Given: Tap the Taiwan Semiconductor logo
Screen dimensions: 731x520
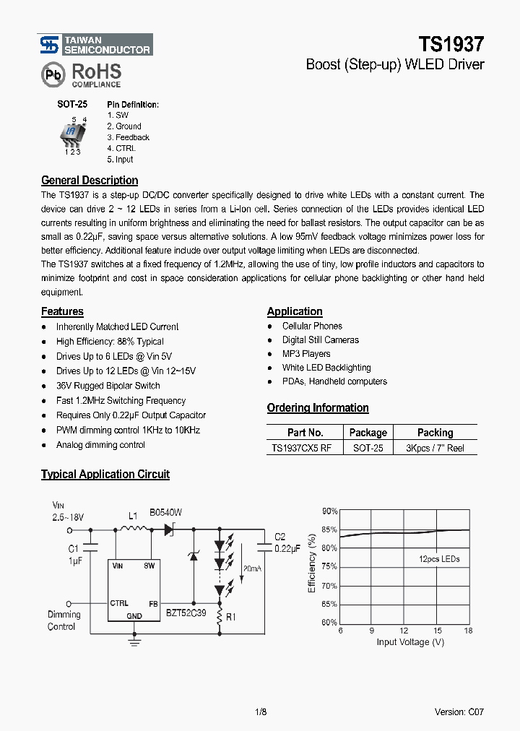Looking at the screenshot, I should (48, 45).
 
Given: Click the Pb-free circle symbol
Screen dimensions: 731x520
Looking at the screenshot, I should (51, 75).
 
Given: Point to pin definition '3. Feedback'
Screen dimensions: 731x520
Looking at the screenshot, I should (129, 137).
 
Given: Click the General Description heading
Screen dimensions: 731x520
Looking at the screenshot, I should (90, 181).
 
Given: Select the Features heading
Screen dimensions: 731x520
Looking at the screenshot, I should (62, 311).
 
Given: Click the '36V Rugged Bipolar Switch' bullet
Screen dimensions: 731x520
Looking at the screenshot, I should (108, 386).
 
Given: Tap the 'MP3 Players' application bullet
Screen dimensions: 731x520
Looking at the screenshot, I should (306, 354).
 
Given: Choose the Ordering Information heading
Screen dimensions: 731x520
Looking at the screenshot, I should (318, 408).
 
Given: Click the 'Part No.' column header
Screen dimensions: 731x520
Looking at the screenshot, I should (305, 433).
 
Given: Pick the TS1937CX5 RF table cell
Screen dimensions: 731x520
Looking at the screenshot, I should (302, 448).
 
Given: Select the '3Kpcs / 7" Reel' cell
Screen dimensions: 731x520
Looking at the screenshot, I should (435, 448).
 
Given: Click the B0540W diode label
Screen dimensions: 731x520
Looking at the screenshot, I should (165, 512).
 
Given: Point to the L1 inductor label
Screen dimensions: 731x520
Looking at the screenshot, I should (133, 516).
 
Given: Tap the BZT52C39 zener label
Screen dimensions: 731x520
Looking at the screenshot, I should (186, 612).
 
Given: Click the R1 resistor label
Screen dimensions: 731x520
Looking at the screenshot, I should (231, 618).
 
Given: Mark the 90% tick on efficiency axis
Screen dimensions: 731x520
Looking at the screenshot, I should (329, 511).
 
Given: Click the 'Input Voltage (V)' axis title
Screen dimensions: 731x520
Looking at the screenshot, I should (410, 641).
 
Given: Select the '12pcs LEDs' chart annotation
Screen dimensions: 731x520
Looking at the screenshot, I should (439, 559).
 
